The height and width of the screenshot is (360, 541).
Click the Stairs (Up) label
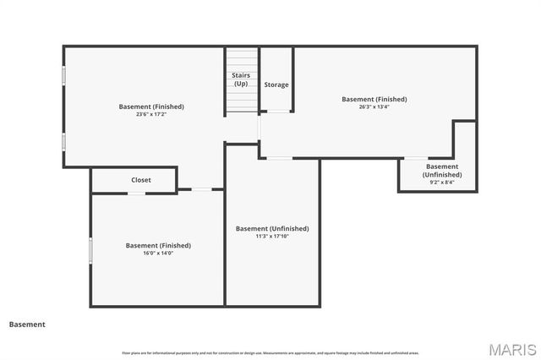point(241,79)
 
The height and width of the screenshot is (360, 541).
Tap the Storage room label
point(276,85)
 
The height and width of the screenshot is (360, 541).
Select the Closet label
point(141,180)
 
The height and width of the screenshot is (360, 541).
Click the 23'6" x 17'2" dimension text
point(151,115)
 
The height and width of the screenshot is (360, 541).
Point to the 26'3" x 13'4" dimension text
point(374,107)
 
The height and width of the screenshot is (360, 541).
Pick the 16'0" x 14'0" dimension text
point(158,254)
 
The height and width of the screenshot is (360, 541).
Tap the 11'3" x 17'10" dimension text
point(271,237)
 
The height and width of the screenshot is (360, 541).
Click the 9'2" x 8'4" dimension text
point(442,182)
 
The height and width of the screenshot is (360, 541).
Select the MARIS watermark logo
point(512,349)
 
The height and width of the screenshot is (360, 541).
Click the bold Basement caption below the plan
point(27,324)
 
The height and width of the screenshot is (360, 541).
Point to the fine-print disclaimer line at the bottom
point(270,352)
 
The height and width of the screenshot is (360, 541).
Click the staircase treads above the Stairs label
point(241,59)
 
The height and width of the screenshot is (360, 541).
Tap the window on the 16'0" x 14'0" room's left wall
point(90,251)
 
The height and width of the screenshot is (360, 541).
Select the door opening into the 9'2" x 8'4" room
point(415,158)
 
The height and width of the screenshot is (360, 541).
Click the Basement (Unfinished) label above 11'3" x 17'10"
point(272,228)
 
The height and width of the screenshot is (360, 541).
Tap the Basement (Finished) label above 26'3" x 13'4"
point(374,99)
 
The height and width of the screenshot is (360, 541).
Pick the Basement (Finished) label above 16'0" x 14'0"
point(158,245)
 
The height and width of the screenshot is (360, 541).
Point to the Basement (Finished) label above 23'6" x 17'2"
point(151,106)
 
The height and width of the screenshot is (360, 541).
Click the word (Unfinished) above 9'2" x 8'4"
point(442,174)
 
